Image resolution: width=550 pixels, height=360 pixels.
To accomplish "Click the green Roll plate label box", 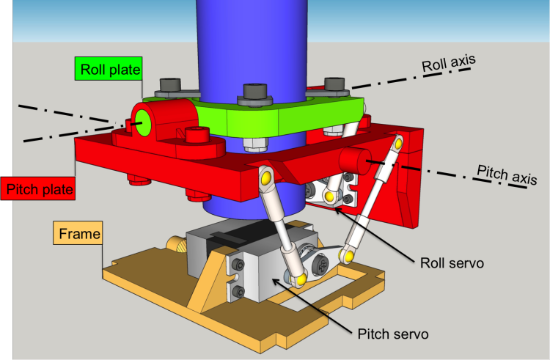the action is pyautogui.click(x=109, y=68).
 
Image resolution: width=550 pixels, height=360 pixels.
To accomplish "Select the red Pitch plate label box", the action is pyautogui.click(x=38, y=188).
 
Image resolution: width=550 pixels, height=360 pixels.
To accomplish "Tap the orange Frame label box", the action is pyautogui.click(x=78, y=232).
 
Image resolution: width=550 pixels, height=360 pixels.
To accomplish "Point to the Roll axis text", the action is pyautogui.click(x=448, y=63).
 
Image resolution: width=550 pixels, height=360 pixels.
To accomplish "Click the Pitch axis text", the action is pyautogui.click(x=507, y=175).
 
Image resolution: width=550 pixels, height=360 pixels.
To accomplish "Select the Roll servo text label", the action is pyautogui.click(x=452, y=263).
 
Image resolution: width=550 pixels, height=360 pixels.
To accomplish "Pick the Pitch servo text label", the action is pyautogui.click(x=393, y=334).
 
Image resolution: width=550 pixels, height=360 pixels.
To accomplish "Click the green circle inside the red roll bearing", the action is pyautogui.click(x=143, y=122).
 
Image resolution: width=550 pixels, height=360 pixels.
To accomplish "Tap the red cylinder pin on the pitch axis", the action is pyautogui.click(x=355, y=161).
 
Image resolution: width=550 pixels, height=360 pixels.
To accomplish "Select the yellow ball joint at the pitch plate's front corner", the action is pyautogui.click(x=266, y=177).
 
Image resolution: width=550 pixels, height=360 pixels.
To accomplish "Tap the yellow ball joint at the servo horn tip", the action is pyautogui.click(x=348, y=256).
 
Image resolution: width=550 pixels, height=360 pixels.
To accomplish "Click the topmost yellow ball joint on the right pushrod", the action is pyautogui.click(x=398, y=143).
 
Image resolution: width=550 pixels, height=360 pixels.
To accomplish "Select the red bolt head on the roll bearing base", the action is pyautogui.click(x=197, y=134).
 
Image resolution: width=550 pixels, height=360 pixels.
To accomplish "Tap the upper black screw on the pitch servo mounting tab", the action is pyautogui.click(x=240, y=264).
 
